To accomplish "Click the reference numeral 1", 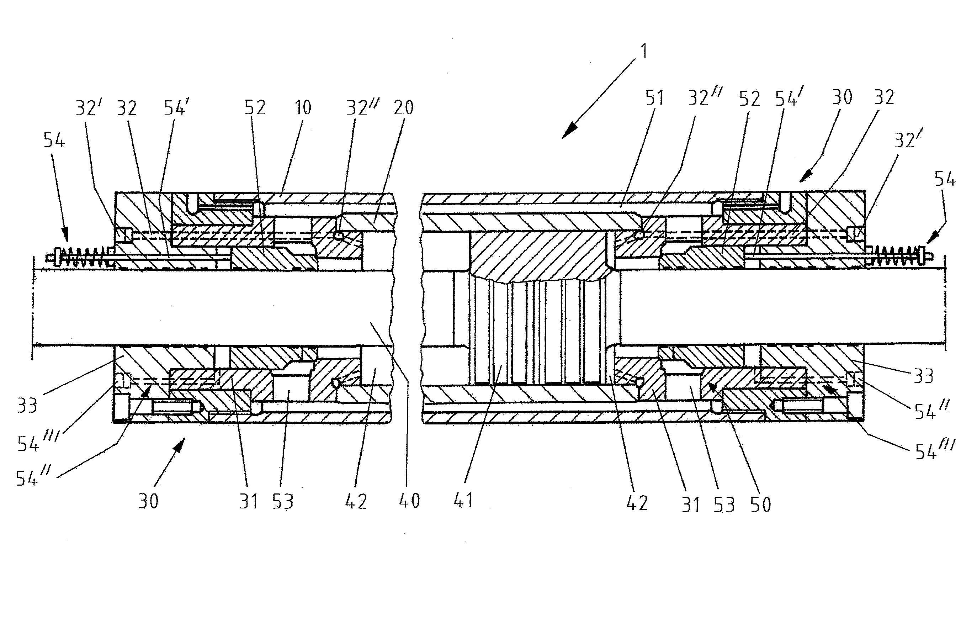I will coord(644,52).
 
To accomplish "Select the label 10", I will coord(303,108).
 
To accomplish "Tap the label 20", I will coord(403,108).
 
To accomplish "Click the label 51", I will coord(654,98).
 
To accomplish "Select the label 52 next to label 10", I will coord(255,108).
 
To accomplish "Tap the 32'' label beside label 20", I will coord(362,108).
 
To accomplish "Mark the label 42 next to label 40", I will coord(356,502).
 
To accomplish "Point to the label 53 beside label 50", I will coord(724,505).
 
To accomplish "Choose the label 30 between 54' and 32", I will coord(842,97).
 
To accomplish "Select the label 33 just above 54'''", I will coord(27,406).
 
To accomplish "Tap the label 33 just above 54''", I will coord(923,376).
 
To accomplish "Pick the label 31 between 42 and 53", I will coord(691,505).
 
